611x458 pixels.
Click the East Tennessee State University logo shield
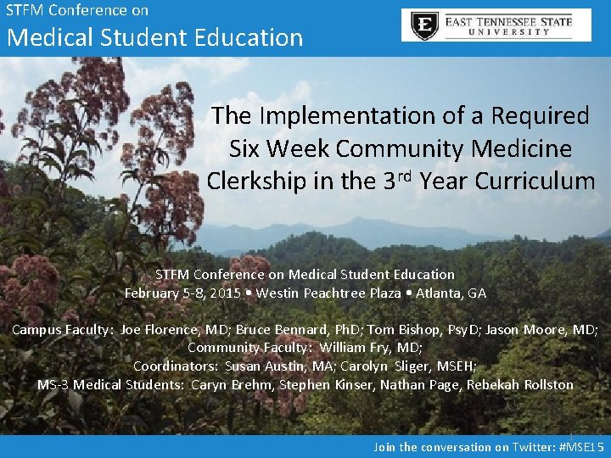coord(425,25)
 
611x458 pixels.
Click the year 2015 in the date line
coord(224,293)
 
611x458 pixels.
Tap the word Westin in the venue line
coord(283,293)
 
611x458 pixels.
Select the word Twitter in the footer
coord(535,447)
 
